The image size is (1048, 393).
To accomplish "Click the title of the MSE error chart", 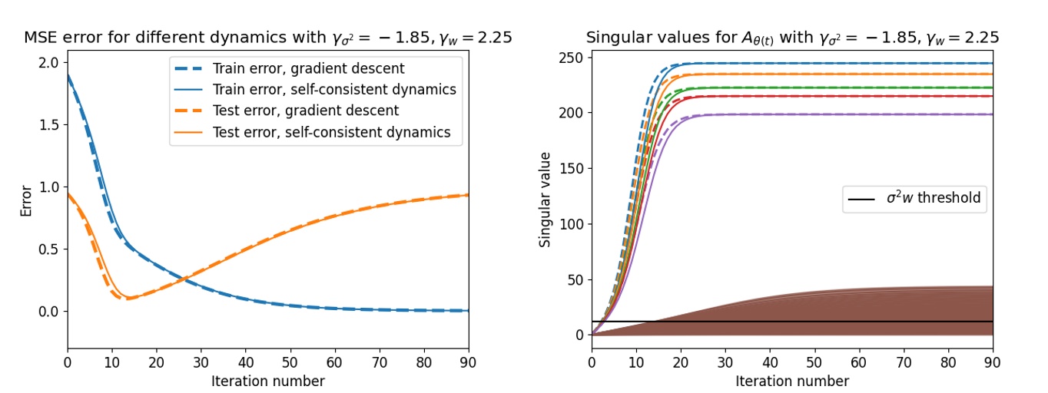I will point(268,37).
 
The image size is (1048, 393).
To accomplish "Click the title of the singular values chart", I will point(792,37).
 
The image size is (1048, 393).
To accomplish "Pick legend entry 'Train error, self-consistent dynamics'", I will point(334,89).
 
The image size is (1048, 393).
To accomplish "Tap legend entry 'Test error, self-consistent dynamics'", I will point(331,132).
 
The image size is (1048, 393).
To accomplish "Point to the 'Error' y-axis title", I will point(26,201).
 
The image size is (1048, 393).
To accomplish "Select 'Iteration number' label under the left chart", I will point(268,381).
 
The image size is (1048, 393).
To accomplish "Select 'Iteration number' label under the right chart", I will point(792,381).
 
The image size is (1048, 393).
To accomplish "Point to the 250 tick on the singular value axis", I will point(572,57).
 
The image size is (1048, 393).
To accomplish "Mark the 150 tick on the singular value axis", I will point(572,168).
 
